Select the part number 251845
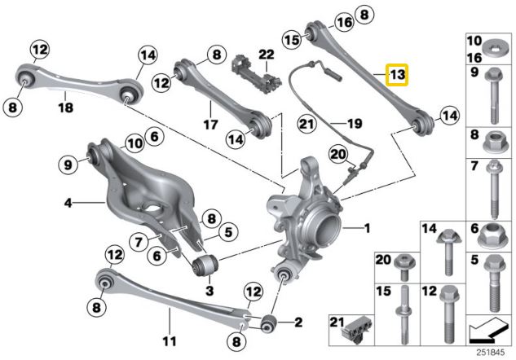[489, 352]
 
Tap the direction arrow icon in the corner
[488, 330]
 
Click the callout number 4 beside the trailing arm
[68, 199]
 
